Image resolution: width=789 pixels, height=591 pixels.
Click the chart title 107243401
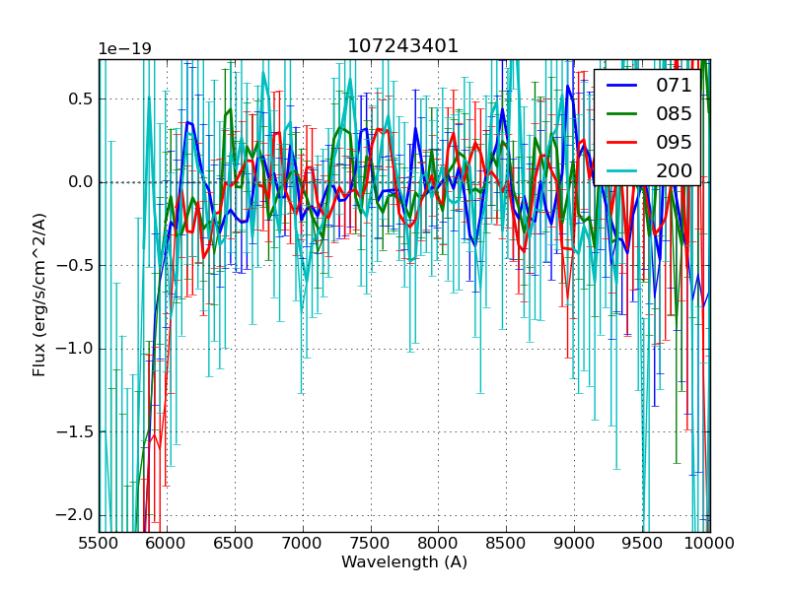(x=403, y=46)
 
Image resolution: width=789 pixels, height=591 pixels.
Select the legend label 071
(x=675, y=86)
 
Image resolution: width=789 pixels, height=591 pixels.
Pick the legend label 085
(x=675, y=113)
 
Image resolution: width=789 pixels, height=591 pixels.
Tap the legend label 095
(x=675, y=142)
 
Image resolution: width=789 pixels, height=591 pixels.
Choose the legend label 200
(x=675, y=170)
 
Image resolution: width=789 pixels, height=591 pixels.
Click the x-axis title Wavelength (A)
(x=404, y=562)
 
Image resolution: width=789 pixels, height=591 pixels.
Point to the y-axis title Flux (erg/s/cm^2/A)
(x=39, y=295)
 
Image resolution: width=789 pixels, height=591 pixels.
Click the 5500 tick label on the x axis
(x=99, y=543)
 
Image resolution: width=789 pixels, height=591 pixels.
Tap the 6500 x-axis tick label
(x=235, y=543)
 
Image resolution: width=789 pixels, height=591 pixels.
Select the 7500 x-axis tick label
(x=371, y=543)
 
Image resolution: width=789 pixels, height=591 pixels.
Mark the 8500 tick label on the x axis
(x=506, y=543)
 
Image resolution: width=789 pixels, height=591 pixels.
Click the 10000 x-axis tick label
(x=710, y=543)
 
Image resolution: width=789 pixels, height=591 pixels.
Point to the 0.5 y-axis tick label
(x=79, y=98)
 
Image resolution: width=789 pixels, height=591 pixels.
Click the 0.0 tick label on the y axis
(x=79, y=182)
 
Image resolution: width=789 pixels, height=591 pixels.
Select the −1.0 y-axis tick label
(x=75, y=349)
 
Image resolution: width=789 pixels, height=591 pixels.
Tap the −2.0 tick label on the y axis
(x=75, y=515)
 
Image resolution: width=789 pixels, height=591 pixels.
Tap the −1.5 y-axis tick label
(x=75, y=431)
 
